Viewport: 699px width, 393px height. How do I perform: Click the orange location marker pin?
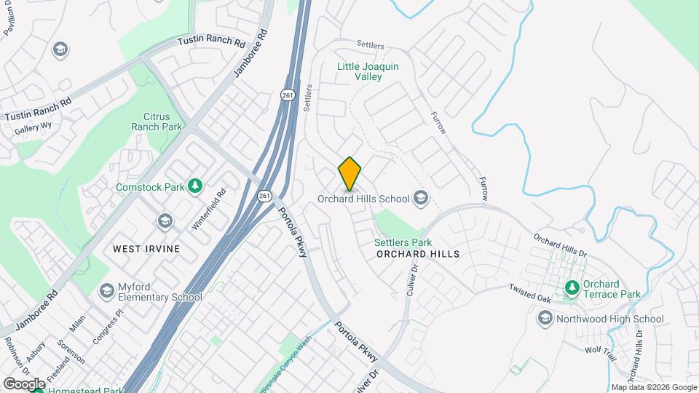pos(349,174)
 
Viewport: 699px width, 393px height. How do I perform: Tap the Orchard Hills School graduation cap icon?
pos(420,197)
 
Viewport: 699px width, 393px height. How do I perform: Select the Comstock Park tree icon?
pos(194,186)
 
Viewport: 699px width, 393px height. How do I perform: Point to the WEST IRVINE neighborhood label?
pos(146,248)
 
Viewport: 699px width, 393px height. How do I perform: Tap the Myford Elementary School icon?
pos(107,291)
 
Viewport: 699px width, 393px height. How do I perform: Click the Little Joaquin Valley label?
pos(368,71)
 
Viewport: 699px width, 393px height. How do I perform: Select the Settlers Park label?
pos(403,242)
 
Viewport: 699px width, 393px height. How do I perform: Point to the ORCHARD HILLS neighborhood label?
pos(419,254)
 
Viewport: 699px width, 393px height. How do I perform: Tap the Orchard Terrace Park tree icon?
pos(572,289)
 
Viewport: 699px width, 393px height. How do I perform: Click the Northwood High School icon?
pos(545,318)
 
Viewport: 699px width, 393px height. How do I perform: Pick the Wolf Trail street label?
pos(601,349)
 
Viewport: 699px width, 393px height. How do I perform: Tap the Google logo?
pos(24,384)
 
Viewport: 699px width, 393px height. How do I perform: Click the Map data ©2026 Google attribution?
pos(653,387)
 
